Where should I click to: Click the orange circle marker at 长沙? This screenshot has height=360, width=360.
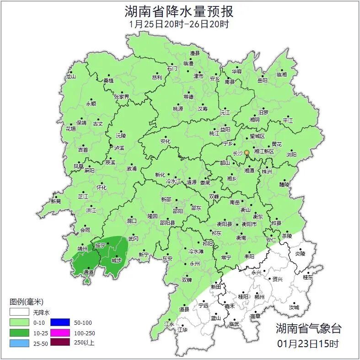tap(247, 152)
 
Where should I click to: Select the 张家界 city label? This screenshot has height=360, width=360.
tap(121, 97)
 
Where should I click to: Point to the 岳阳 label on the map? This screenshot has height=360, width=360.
tap(263, 81)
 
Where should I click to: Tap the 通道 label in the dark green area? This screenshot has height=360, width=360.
tap(88, 272)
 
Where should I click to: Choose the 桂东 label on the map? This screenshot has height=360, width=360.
tap(308, 277)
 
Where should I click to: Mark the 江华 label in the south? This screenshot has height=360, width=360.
tap(183, 329)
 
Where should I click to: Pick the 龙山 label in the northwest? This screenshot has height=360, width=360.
tap(70, 76)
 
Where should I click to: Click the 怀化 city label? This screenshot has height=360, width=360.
tap(101, 188)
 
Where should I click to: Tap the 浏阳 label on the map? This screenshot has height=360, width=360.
tap(291, 155)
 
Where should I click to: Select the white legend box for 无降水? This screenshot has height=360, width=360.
tap(20, 313)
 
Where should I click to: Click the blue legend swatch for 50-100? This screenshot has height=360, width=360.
tap(59, 322)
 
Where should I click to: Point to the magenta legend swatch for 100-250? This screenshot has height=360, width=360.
tap(59, 333)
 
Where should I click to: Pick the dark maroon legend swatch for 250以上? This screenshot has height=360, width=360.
tap(59, 342)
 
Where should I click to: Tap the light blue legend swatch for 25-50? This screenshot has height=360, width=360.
tap(20, 342)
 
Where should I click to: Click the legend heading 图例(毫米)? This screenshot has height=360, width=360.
tap(26, 302)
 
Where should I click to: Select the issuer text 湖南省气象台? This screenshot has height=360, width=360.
tap(308, 328)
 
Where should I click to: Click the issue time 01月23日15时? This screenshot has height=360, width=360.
tap(308, 343)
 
